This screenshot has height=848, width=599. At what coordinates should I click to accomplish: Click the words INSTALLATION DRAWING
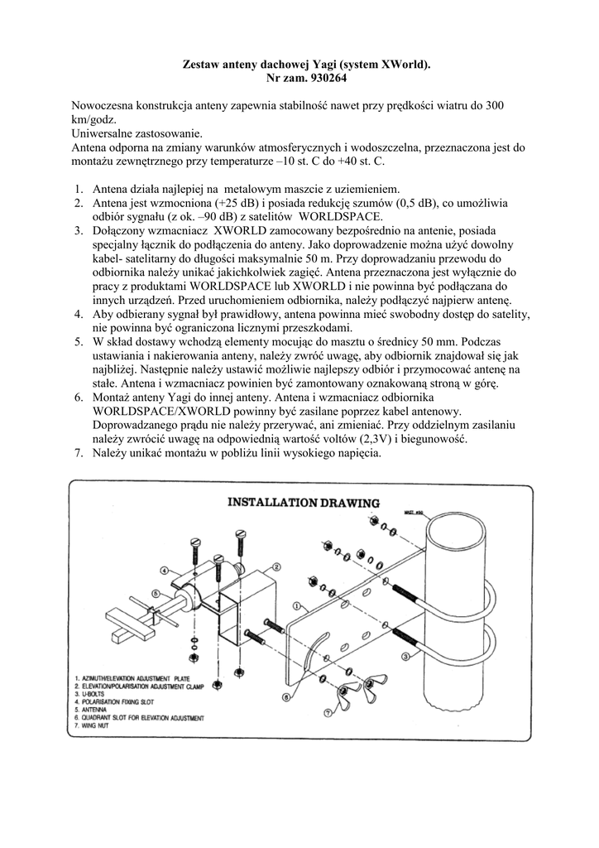[304, 502]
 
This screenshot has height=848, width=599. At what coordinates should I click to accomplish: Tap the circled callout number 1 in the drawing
[295, 605]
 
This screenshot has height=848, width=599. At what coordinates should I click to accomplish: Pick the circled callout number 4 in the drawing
[165, 570]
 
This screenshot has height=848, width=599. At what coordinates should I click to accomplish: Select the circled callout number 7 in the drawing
[328, 712]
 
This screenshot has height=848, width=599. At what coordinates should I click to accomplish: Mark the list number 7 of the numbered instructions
[79, 454]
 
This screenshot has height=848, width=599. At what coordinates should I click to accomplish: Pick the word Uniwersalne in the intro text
[103, 133]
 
